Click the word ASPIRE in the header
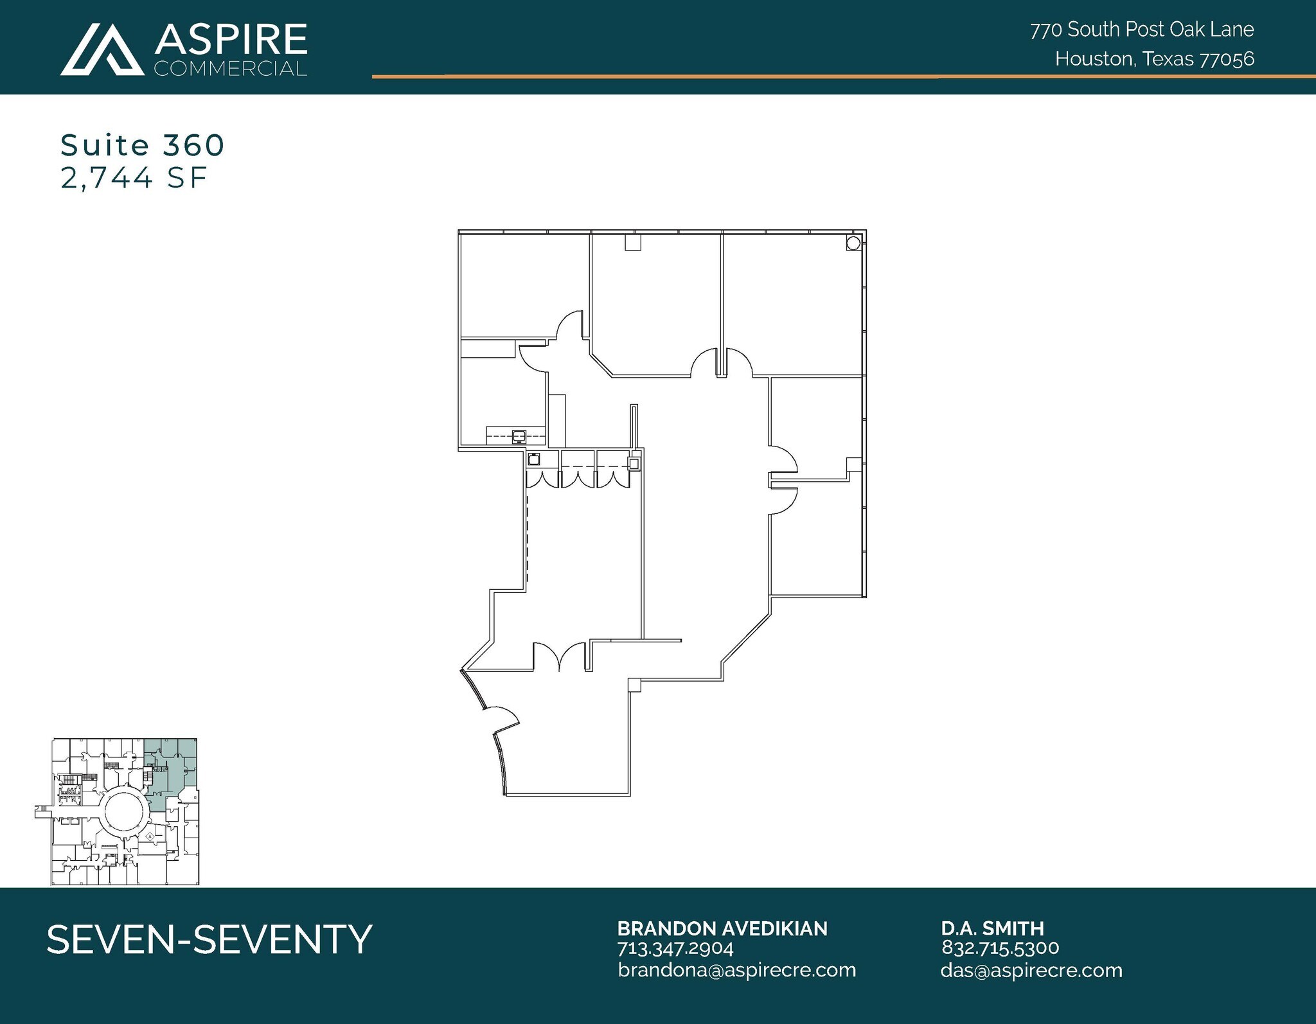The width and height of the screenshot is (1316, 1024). (231, 40)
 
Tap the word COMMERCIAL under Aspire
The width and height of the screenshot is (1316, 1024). (230, 69)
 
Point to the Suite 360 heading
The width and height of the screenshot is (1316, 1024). (142, 145)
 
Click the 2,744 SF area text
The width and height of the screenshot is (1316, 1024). (134, 177)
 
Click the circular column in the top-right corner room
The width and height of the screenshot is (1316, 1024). (853, 243)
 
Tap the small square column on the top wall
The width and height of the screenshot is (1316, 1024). (634, 242)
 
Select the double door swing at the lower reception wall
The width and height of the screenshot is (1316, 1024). (560, 657)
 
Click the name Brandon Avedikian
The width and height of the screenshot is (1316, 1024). (722, 928)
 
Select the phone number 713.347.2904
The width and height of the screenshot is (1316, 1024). (675, 948)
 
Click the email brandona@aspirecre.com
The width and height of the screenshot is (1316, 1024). (736, 969)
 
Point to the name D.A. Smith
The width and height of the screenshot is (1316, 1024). (992, 928)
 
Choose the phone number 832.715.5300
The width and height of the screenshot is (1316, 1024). (1000, 948)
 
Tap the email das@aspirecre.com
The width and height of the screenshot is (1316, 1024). (1031, 970)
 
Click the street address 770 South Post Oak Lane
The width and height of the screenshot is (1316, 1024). (1142, 30)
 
